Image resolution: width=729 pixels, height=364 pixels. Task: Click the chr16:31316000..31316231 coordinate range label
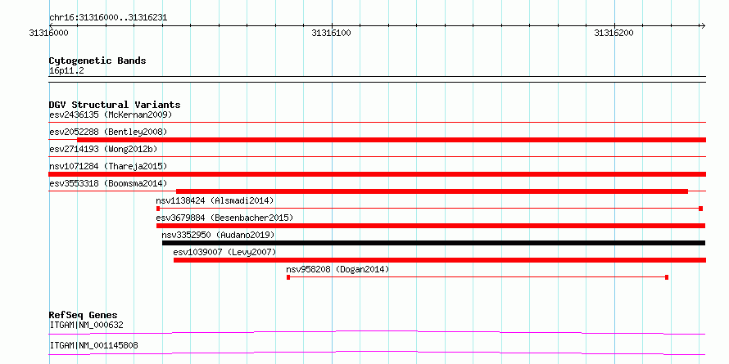(x=108, y=18)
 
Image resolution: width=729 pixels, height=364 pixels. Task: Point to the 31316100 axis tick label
(x=332, y=33)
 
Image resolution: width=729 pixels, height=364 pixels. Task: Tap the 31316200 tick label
(x=614, y=33)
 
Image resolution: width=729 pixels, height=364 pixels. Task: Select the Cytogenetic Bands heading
(x=97, y=61)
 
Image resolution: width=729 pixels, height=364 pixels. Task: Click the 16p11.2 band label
(x=66, y=71)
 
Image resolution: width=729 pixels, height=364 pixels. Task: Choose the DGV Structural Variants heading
(x=115, y=105)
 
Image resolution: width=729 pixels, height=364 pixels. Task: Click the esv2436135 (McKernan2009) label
(x=111, y=115)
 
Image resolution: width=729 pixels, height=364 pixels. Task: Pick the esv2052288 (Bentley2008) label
(x=108, y=132)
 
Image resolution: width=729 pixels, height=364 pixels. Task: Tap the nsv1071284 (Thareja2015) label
(x=108, y=166)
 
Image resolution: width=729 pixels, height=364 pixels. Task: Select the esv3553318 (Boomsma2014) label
(x=108, y=183)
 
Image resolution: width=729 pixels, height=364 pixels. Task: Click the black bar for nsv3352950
(x=433, y=243)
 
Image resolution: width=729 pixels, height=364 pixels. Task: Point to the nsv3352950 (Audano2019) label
(x=218, y=235)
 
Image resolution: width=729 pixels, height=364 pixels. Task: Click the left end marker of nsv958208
(x=288, y=277)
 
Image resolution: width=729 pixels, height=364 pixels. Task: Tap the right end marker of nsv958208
(x=667, y=277)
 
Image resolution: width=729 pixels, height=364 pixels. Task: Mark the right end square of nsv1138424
(x=700, y=209)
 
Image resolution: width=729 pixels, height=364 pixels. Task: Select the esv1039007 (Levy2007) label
(x=224, y=252)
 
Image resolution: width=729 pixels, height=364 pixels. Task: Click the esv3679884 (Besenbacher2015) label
(x=224, y=218)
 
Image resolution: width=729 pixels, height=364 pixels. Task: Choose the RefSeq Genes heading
(x=84, y=315)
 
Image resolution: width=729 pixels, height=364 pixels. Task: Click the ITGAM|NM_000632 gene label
(x=87, y=325)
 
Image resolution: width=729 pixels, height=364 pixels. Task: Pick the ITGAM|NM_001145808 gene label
(x=93, y=345)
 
